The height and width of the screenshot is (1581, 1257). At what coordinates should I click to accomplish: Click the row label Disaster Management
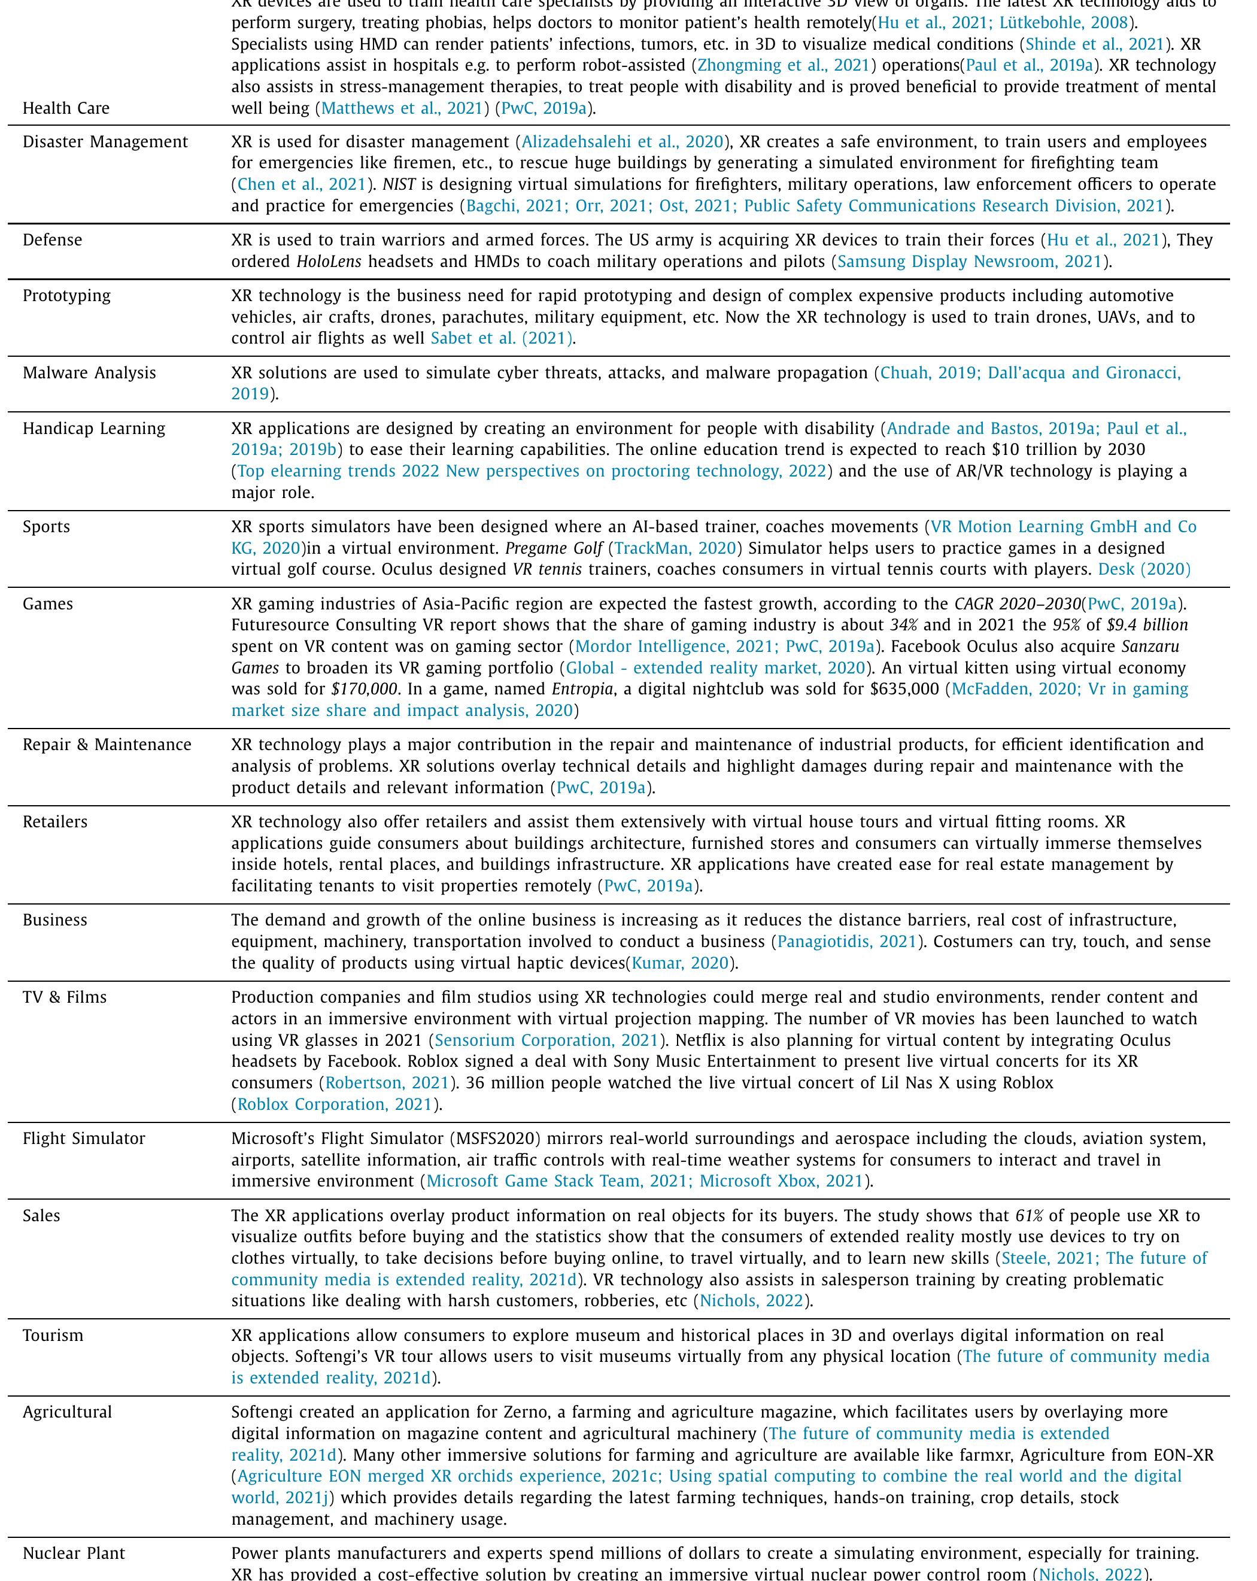(105, 141)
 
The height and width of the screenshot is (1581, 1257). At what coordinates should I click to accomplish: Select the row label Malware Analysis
(89, 372)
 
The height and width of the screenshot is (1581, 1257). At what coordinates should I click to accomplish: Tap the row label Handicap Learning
(94, 428)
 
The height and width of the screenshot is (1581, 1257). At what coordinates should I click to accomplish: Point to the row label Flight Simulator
(84, 1138)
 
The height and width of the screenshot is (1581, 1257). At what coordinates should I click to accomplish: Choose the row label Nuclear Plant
(74, 1553)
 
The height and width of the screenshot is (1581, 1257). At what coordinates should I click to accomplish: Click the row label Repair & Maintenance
(107, 744)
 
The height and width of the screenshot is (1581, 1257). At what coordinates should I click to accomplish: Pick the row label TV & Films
(65, 997)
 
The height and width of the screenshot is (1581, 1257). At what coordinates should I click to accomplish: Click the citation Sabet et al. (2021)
(501, 338)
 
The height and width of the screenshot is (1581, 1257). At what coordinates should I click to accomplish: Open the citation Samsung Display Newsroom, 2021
(970, 261)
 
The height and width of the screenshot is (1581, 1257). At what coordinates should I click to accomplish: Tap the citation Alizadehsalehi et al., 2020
(622, 141)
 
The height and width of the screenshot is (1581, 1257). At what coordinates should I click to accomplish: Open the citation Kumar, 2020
(680, 963)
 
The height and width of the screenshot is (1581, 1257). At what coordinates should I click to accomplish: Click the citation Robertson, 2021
(387, 1082)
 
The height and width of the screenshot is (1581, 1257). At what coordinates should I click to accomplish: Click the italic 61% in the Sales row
(1029, 1215)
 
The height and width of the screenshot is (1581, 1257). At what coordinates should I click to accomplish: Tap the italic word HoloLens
(329, 261)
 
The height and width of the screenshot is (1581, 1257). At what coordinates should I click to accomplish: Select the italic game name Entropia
(582, 688)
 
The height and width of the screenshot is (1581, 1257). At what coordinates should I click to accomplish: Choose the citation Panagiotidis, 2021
(847, 942)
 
